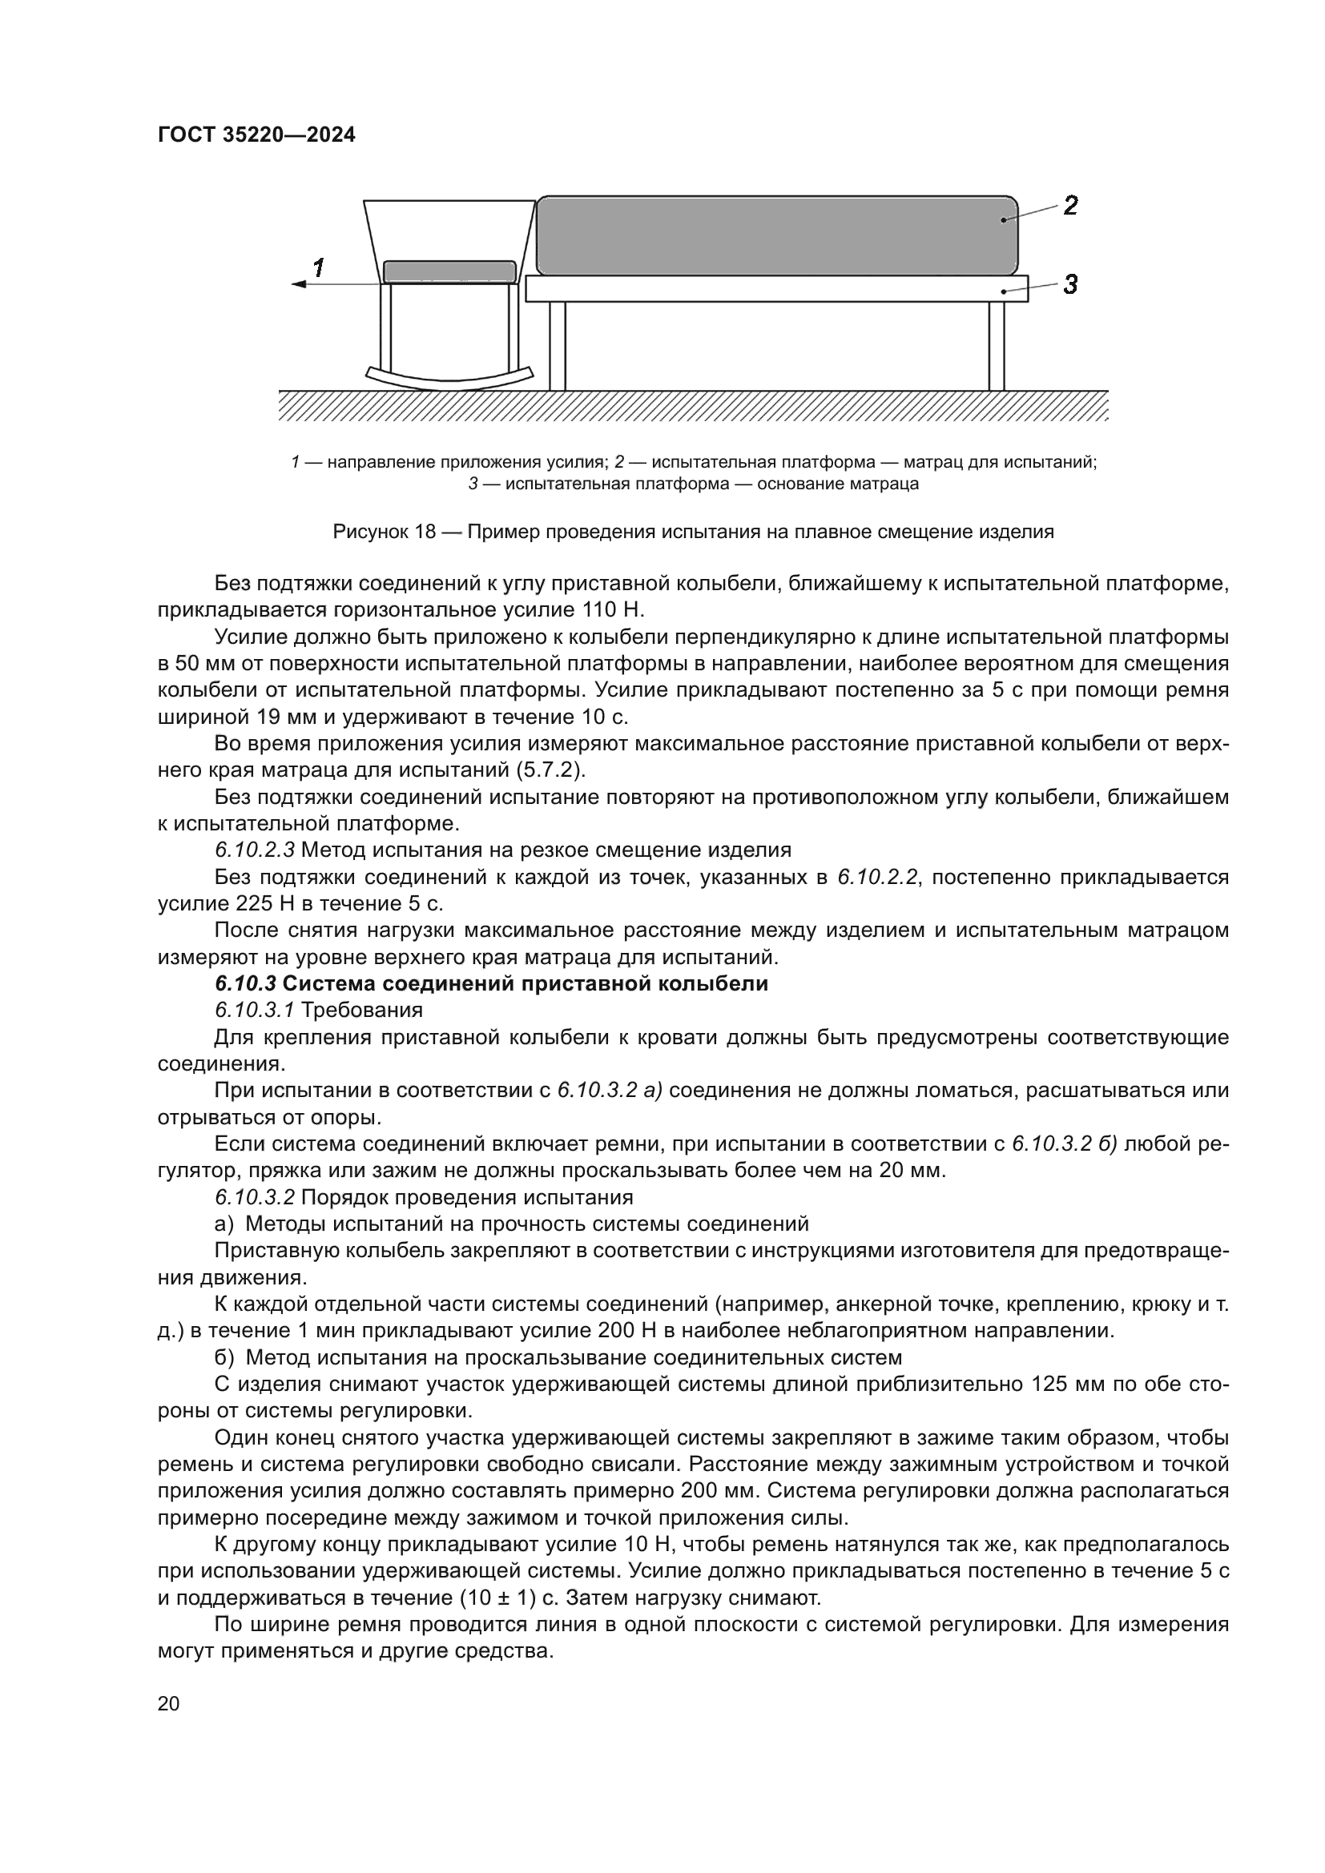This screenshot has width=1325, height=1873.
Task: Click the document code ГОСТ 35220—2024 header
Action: pyautogui.click(x=256, y=135)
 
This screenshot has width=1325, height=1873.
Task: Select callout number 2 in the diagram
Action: pyautogui.click(x=1070, y=205)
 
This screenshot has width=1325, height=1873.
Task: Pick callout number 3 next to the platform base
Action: pyautogui.click(x=1070, y=285)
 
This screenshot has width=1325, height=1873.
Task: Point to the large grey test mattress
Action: pyautogui.click(x=775, y=235)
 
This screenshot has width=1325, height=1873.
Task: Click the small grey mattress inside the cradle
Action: pyautogui.click(x=449, y=271)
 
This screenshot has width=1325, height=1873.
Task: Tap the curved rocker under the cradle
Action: pyautogui.click(x=449, y=379)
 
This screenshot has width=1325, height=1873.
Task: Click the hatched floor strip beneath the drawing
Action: pyautogui.click(x=694, y=405)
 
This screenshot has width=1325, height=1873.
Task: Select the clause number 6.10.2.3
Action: pyautogui.click(x=255, y=850)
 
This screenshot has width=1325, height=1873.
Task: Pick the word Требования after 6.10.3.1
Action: pyautogui.click(x=362, y=1011)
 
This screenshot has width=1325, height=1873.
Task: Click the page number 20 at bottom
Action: pyautogui.click(x=169, y=1704)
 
